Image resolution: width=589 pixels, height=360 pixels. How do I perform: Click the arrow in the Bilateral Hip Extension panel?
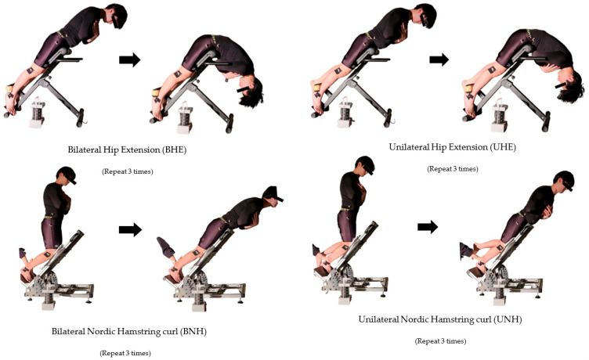tap(129, 59)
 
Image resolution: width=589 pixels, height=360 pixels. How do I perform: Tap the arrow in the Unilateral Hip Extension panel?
tap(439, 59)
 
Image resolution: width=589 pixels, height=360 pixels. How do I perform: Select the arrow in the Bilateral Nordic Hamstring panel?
tap(130, 229)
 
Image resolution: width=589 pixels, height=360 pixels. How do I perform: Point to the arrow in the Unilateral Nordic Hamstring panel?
tap(428, 226)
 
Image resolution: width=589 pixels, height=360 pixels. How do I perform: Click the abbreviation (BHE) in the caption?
tap(174, 149)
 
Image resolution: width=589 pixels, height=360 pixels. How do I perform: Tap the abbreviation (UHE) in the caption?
tap(504, 147)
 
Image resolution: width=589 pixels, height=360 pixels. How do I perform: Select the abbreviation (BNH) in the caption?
tap(193, 332)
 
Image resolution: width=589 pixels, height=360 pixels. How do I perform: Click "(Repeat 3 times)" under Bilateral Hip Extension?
tap(128, 171)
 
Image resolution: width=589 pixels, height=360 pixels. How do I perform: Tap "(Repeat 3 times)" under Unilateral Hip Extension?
tap(453, 169)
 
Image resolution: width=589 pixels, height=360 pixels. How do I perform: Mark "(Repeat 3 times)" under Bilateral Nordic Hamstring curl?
tap(125, 353)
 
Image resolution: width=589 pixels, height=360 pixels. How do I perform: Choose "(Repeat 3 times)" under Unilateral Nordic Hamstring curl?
tap(441, 341)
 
